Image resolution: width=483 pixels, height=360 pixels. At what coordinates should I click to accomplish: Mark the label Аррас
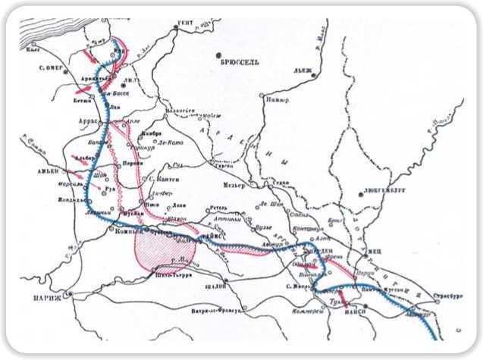89,121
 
